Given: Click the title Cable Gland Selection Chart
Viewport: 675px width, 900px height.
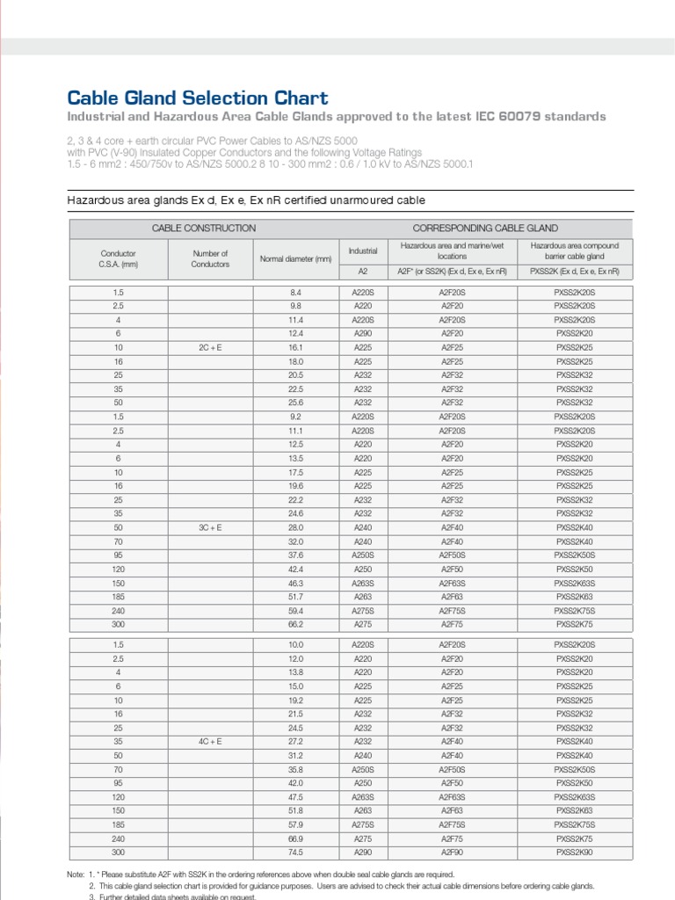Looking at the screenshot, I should pos(198,98).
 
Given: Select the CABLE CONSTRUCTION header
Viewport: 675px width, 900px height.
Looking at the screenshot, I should pos(204,228).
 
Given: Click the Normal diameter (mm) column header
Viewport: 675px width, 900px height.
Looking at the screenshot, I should pos(295,258).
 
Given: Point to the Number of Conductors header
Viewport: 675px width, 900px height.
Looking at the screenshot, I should pos(210,258).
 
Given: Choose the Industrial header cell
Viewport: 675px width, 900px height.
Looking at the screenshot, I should pos(363,251).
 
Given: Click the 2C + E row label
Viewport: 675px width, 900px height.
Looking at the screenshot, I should pos(210,348).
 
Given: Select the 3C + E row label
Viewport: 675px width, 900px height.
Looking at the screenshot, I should pos(210,527).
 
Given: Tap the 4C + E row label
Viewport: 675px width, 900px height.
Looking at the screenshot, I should pos(210,741).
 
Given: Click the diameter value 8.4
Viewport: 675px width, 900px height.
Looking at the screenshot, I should pos(295,292).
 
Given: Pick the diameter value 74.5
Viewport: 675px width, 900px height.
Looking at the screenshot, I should pos(295,853).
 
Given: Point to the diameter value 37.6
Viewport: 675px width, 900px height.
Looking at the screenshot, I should pos(295,555).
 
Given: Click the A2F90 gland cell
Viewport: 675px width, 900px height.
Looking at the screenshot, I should pos(452,853).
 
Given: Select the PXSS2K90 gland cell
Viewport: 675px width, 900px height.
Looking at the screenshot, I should pos(575,853).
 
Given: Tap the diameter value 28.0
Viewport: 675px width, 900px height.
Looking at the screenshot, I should pos(295,527).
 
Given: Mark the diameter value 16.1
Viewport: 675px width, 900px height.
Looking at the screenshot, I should pos(295,348).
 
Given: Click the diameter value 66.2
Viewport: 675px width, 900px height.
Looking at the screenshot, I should pos(295,624).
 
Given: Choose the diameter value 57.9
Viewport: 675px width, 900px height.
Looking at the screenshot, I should pos(295,825).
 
